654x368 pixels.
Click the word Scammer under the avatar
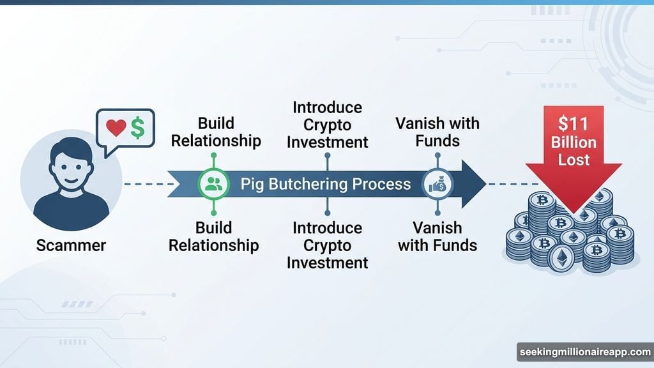point(71,245)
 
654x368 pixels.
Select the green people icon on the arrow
point(213,185)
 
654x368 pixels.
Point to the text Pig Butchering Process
point(326,185)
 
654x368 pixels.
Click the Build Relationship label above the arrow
point(215,132)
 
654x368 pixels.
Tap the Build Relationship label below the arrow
point(214,236)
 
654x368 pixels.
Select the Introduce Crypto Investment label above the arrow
point(327,125)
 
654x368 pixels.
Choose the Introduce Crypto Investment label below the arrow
point(327,245)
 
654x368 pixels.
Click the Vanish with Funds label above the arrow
point(437,132)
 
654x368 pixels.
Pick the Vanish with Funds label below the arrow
point(437,236)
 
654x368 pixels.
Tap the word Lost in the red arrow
point(574,159)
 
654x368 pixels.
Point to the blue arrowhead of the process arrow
point(473,185)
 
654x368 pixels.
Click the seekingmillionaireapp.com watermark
point(584,352)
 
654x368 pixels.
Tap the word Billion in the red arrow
point(574,142)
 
